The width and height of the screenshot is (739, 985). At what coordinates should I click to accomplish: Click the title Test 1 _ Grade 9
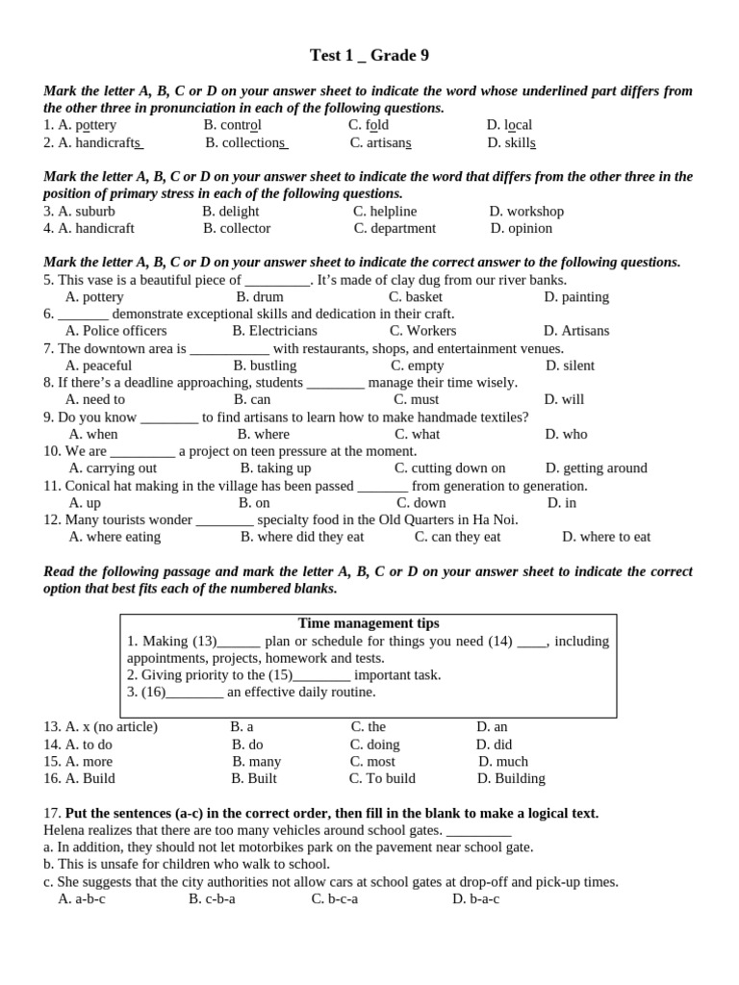[369, 56]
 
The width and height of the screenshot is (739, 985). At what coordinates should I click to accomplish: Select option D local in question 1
[509, 125]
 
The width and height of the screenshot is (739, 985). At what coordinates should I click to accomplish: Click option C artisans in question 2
[381, 142]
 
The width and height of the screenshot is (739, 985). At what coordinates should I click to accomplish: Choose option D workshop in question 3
[526, 212]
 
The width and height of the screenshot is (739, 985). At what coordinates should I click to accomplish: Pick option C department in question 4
[395, 229]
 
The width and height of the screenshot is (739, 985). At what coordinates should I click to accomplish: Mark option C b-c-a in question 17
[335, 899]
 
